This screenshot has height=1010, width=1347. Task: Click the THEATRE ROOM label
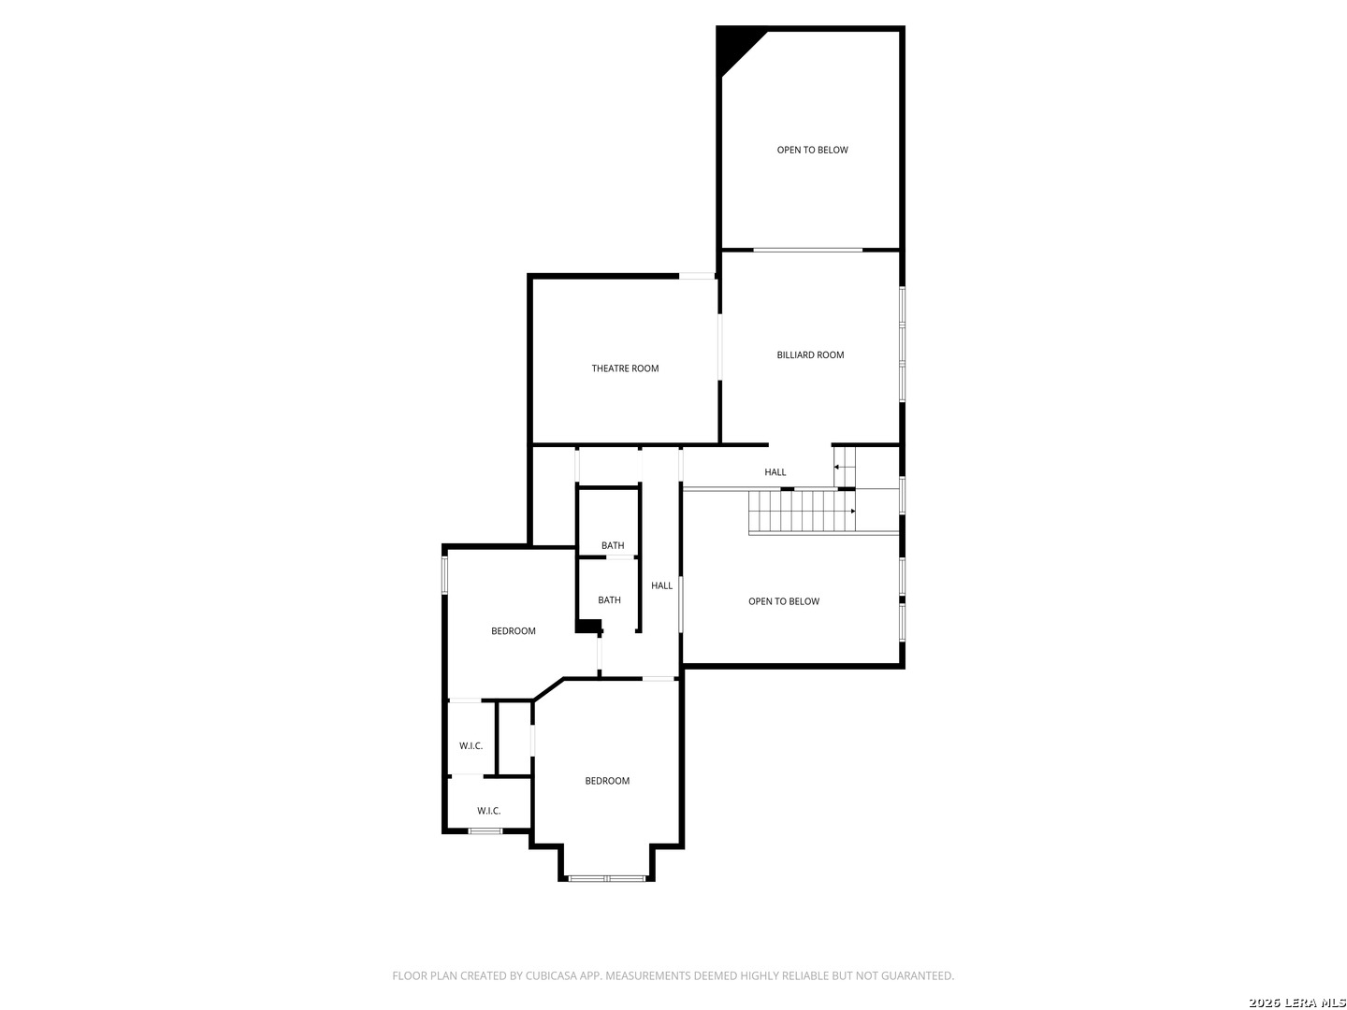click(x=625, y=368)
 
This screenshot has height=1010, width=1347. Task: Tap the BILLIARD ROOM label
click(x=810, y=354)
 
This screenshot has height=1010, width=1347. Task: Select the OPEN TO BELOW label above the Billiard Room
click(x=812, y=150)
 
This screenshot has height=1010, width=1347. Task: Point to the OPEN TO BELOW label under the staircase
click(x=784, y=601)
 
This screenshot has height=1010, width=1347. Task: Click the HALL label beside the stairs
click(x=775, y=471)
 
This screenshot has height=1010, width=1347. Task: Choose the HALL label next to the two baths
click(x=661, y=585)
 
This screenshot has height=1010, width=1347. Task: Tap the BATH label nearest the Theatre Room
click(x=613, y=544)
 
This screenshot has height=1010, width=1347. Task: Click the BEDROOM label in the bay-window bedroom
click(x=607, y=780)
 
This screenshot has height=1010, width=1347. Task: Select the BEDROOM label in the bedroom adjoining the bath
click(x=513, y=630)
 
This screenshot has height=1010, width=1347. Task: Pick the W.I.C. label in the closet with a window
click(x=488, y=810)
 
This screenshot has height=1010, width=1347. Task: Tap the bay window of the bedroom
click(x=606, y=877)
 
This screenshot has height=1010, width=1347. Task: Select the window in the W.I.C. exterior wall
click(x=485, y=831)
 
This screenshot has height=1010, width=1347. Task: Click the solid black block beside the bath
click(x=587, y=626)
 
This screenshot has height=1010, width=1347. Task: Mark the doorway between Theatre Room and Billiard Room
click(x=720, y=346)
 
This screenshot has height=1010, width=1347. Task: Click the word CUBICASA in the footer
click(x=550, y=975)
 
